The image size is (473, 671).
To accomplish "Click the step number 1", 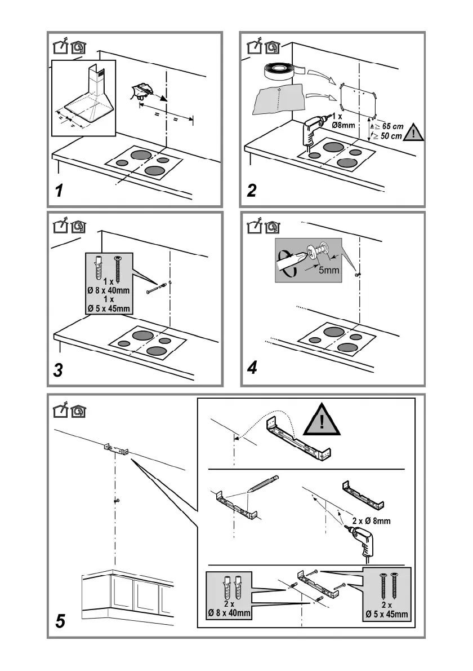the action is coord(59,191).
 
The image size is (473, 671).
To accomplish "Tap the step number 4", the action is coord(252,367).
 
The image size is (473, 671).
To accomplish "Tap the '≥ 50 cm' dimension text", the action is coord(387,136).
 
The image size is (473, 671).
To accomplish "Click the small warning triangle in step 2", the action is coord(414,133).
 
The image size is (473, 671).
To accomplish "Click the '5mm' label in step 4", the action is coord(329,270).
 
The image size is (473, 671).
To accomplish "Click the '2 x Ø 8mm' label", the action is coord(371,521).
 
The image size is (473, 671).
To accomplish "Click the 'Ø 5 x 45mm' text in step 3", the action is coord(109,308).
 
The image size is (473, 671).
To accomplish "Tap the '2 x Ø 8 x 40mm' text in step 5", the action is coord(229,609).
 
